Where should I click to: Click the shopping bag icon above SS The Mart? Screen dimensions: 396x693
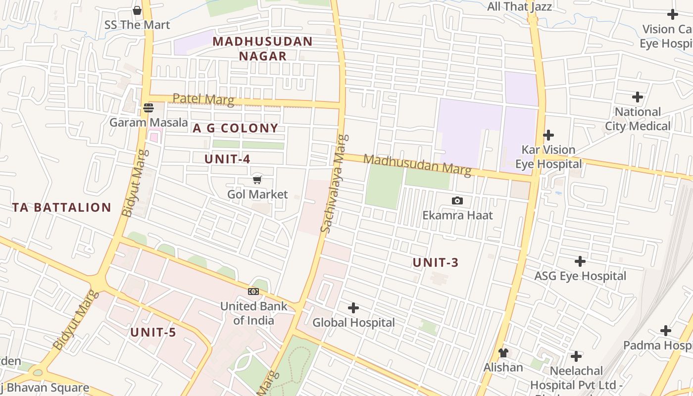pyautogui.click(x=137, y=10)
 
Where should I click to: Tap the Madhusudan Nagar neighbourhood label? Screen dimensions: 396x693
pyautogui.click(x=263, y=49)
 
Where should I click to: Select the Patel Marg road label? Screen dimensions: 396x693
pyautogui.click(x=203, y=99)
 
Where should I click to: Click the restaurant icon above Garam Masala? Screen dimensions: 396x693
pyautogui.click(x=148, y=107)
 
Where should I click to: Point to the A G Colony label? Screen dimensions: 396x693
pyautogui.click(x=236, y=128)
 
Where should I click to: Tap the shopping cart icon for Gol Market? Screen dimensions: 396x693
pyautogui.click(x=257, y=180)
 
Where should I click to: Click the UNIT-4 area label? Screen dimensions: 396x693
pyautogui.click(x=227, y=159)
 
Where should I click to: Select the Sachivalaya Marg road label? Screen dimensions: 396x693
pyautogui.click(x=333, y=183)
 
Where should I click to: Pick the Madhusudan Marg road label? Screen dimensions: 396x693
pyautogui.click(x=417, y=164)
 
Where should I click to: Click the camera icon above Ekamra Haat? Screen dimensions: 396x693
pyautogui.click(x=457, y=200)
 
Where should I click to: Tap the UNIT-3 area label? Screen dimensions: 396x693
pyautogui.click(x=436, y=262)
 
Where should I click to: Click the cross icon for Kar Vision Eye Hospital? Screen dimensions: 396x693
pyautogui.click(x=548, y=135)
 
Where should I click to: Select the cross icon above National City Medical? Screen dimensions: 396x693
pyautogui.click(x=638, y=97)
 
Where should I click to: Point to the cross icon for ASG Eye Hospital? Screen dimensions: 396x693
pyautogui.click(x=580, y=261)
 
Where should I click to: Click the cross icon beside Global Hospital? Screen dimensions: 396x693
pyautogui.click(x=353, y=308)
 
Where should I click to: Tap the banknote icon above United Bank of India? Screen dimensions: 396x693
pyautogui.click(x=253, y=291)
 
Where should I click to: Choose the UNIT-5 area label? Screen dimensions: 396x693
pyautogui.click(x=153, y=332)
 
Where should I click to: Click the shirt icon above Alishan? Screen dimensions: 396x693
pyautogui.click(x=503, y=353)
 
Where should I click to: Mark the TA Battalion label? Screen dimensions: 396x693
pyautogui.click(x=62, y=207)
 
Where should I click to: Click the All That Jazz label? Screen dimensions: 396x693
pyautogui.click(x=519, y=6)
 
